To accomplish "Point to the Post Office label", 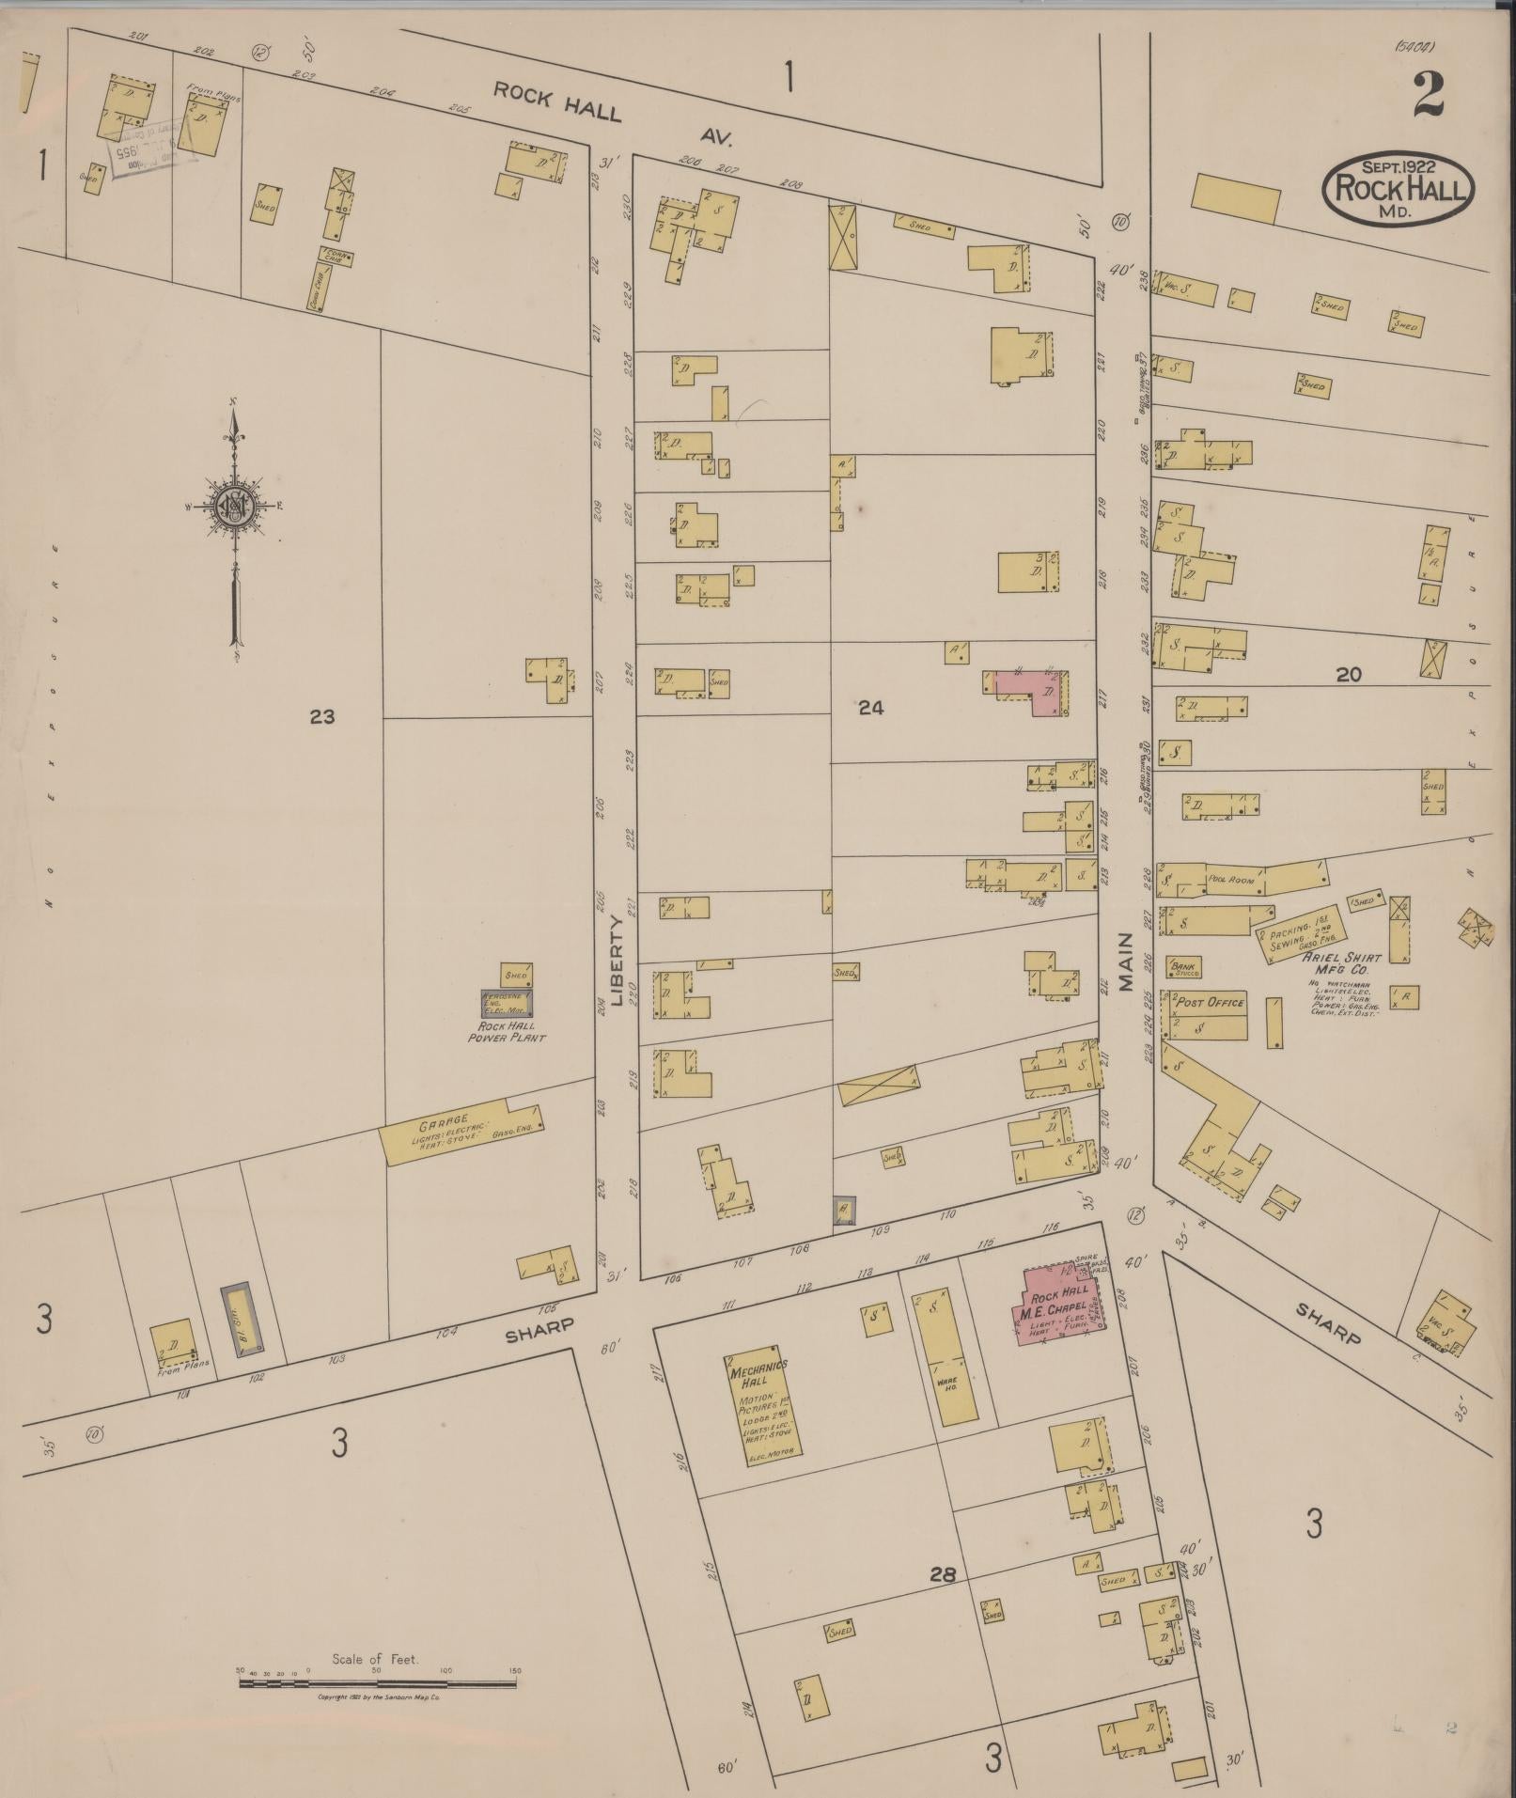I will coord(1211,1002).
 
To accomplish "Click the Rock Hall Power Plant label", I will coord(508,1033).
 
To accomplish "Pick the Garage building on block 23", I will coord(462,1132).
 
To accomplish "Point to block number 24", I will coord(870,709).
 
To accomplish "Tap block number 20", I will coord(1349,674).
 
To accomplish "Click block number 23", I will coord(321,717).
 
